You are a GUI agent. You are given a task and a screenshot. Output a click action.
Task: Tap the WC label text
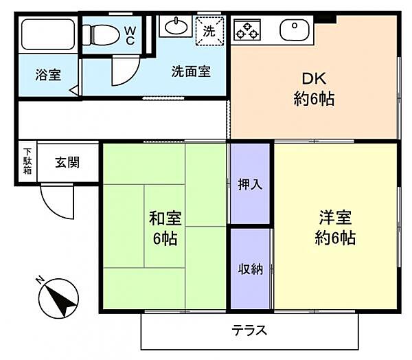[x=130, y=34]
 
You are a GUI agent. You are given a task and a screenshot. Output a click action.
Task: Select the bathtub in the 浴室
[x=47, y=34]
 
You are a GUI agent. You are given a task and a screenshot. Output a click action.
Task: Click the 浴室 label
[x=49, y=74]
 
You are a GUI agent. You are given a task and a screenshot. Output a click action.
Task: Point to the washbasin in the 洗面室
[x=176, y=27]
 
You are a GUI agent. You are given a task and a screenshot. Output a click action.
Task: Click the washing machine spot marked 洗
[x=208, y=31]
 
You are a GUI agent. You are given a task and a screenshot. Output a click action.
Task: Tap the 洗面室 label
[x=190, y=71]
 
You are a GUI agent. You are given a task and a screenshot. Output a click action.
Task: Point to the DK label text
[x=314, y=78]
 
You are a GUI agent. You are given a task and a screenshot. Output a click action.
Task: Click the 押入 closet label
[x=250, y=184]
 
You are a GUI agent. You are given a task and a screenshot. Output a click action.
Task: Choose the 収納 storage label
[x=250, y=269]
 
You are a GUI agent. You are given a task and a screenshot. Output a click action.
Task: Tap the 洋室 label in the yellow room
[x=335, y=218]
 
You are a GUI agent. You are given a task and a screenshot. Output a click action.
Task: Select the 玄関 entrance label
[x=67, y=163]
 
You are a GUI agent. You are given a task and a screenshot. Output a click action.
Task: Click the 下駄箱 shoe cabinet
[x=27, y=162]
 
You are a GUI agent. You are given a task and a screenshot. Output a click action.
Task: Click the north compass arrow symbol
[x=57, y=301]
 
